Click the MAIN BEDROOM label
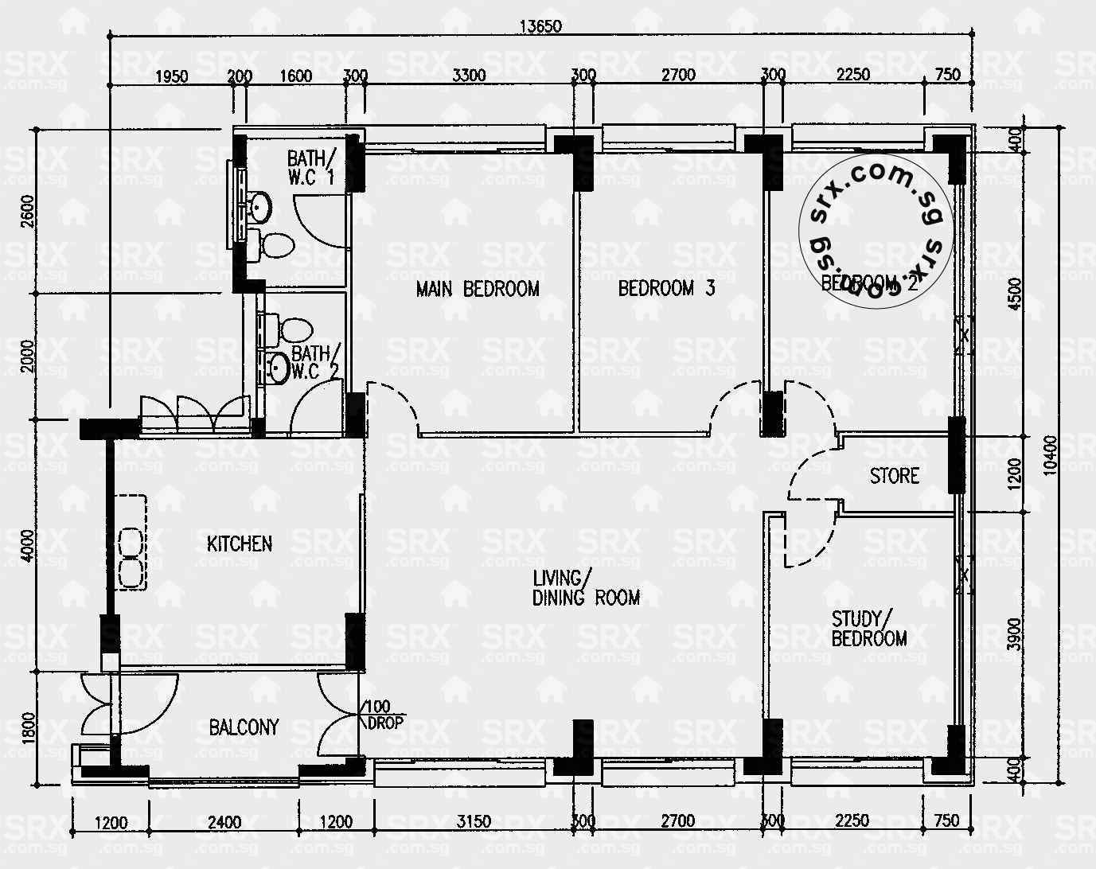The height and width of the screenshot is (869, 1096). tap(478, 288)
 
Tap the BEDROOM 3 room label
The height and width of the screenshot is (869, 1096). tap(666, 288)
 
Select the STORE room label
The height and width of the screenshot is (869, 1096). tap(894, 476)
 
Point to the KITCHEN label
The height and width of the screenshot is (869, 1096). tap(240, 544)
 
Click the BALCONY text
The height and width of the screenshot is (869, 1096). tap(244, 727)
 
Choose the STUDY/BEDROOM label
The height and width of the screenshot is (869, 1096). tap(868, 629)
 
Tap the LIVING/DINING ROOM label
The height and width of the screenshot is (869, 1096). tap(586, 587)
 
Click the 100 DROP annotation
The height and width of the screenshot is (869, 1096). tap(385, 715)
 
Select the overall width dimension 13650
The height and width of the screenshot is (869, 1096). tap(540, 25)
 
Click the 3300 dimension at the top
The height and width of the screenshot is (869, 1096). tap(469, 76)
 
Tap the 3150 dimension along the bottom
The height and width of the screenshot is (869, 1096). tap(474, 821)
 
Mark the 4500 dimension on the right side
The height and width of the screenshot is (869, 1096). tap(1012, 294)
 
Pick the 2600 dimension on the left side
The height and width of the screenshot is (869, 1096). tap(29, 211)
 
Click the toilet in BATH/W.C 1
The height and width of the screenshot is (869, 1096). tap(273, 245)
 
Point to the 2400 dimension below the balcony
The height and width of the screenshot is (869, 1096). tap(224, 821)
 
